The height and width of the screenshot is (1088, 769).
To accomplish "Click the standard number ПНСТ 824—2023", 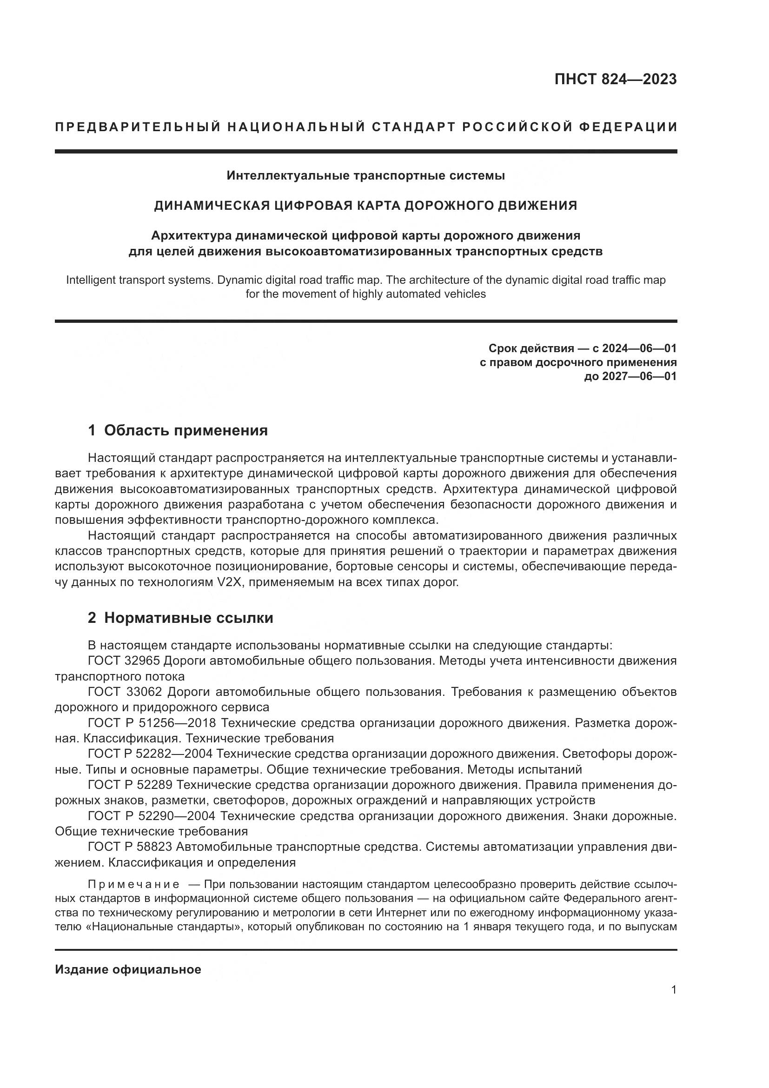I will [615, 79].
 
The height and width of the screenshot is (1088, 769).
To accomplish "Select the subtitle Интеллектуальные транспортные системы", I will [365, 176].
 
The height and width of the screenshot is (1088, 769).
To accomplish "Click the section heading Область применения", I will [186, 430].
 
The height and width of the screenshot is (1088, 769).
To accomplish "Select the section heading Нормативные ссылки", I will [188, 618].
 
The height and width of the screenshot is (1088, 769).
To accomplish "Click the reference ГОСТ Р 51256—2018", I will [152, 723].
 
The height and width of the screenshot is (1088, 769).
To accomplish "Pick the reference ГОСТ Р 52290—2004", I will [152, 816].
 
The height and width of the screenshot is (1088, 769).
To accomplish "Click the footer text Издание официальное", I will [128, 970].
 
